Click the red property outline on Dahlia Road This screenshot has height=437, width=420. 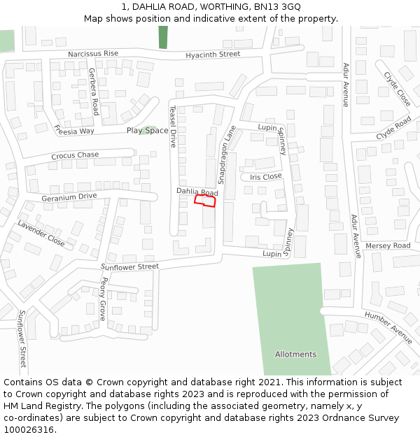tap(204, 201)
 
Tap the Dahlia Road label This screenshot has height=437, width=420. tap(197, 192)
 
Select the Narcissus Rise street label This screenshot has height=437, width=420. tap(93, 54)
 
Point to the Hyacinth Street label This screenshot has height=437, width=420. tap(213, 55)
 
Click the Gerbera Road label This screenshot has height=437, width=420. tap(93, 92)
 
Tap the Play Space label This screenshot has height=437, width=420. tap(147, 131)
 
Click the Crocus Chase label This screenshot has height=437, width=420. tap(75, 155)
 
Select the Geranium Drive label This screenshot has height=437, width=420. tap(69, 196)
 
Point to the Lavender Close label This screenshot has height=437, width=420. tap(41, 234)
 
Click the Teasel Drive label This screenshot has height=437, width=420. tap(173, 127)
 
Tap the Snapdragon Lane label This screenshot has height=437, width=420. tap(227, 155)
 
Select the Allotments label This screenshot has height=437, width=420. tap(295, 354)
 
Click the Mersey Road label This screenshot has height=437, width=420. tap(388, 246)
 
